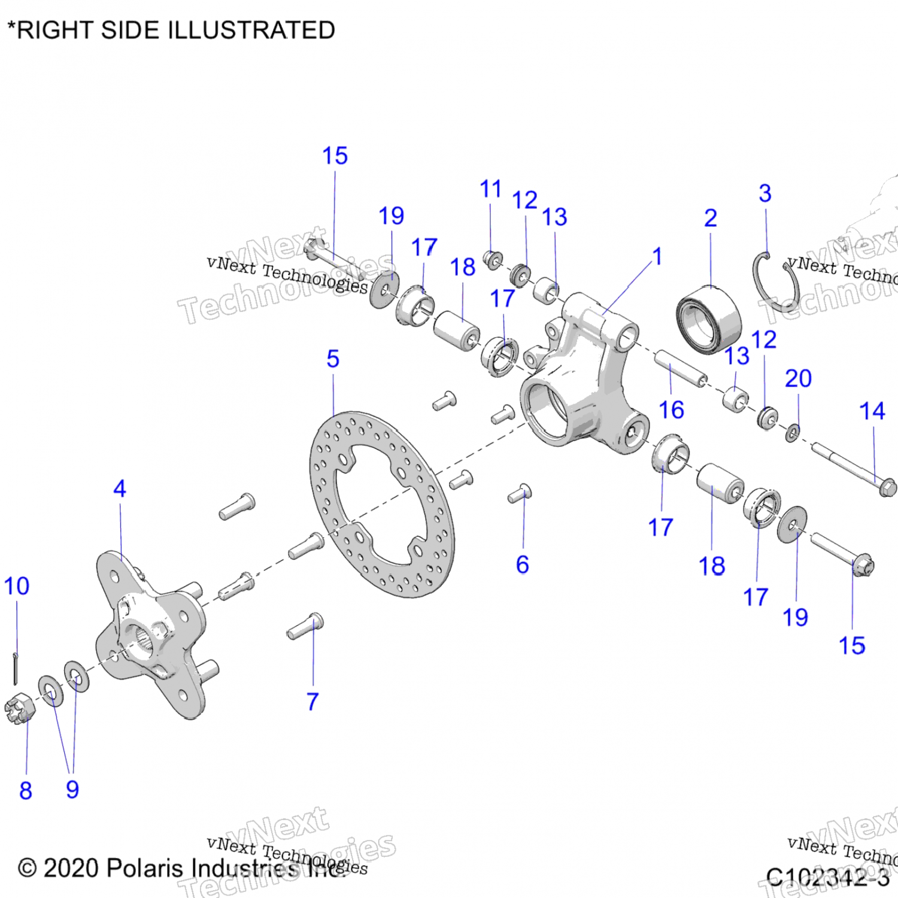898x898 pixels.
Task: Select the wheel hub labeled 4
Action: click(x=150, y=635)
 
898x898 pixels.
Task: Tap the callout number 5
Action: click(x=333, y=359)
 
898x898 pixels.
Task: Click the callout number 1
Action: click(x=657, y=256)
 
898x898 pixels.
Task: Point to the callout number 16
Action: click(x=671, y=410)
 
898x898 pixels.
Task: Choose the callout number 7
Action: click(x=313, y=702)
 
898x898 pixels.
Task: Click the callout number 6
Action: click(x=523, y=565)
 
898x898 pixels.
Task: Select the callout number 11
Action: click(x=490, y=189)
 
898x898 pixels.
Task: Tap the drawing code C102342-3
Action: click(x=827, y=877)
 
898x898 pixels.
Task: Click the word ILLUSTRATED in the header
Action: click(x=251, y=30)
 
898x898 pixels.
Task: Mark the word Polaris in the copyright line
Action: click(x=146, y=868)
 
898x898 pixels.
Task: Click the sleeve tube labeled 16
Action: click(x=680, y=369)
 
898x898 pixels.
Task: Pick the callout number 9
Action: click(x=72, y=790)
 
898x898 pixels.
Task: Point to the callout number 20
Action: click(x=798, y=378)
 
